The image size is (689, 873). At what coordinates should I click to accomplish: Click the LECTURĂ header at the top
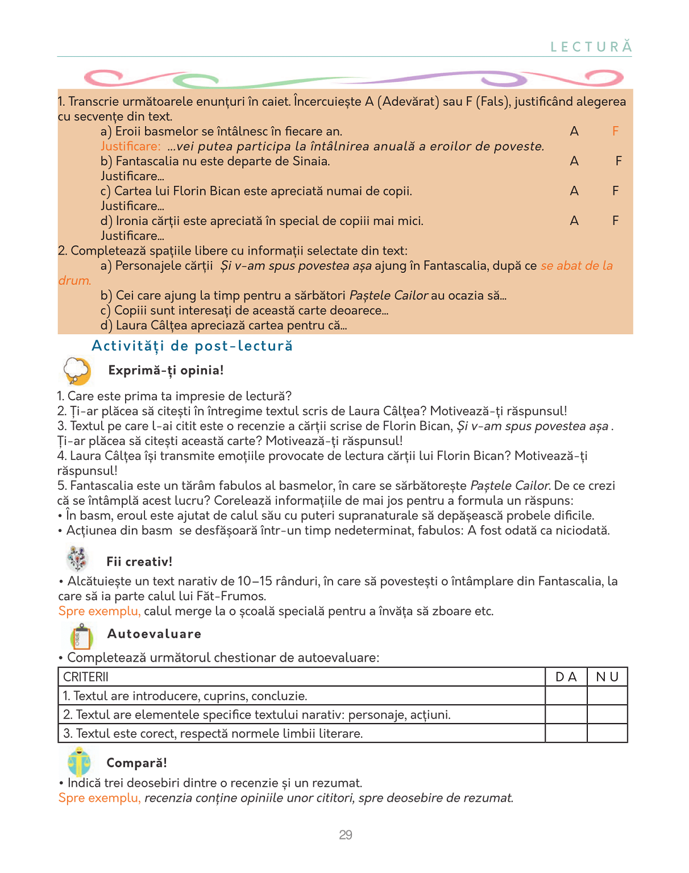click(x=591, y=47)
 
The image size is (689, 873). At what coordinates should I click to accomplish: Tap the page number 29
click(x=345, y=835)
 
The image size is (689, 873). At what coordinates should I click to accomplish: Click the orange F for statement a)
click(x=615, y=131)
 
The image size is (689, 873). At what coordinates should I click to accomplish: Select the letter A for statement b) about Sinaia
click(x=574, y=161)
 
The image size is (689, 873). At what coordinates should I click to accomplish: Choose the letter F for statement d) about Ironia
click(x=615, y=221)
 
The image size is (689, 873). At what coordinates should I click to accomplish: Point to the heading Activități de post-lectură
click(x=192, y=346)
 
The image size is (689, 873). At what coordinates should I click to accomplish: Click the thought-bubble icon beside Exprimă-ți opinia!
click(x=77, y=371)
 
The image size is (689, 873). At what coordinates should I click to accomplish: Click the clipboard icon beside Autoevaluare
click(x=81, y=636)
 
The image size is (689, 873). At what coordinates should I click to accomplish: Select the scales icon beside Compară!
click(x=79, y=762)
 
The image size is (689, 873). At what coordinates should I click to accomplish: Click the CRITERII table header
click(x=86, y=677)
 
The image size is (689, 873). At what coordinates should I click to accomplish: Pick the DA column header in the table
click(x=566, y=677)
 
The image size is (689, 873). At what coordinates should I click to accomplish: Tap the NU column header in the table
click(x=607, y=677)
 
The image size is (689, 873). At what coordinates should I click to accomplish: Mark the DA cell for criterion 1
click(x=566, y=696)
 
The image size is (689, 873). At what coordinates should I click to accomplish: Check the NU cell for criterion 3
click(x=607, y=733)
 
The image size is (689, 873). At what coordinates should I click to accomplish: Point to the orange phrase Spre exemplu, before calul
click(x=99, y=612)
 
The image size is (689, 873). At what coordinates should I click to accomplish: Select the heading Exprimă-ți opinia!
click(x=166, y=371)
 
